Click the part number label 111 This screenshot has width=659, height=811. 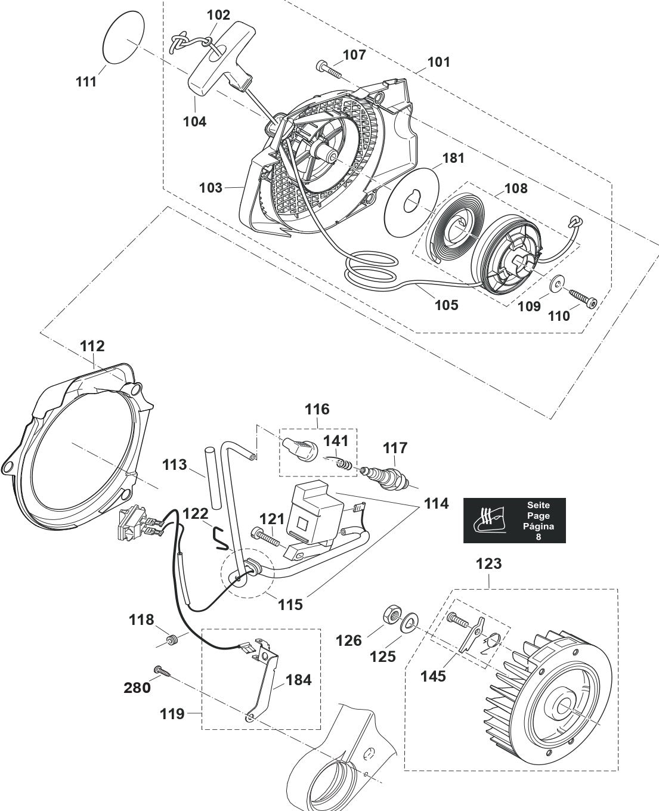click(x=86, y=82)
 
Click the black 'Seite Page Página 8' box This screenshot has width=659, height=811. click(x=514, y=521)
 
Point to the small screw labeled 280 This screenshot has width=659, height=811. click(x=162, y=671)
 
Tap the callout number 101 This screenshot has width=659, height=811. click(x=438, y=62)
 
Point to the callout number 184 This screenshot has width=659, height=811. click(x=299, y=679)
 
